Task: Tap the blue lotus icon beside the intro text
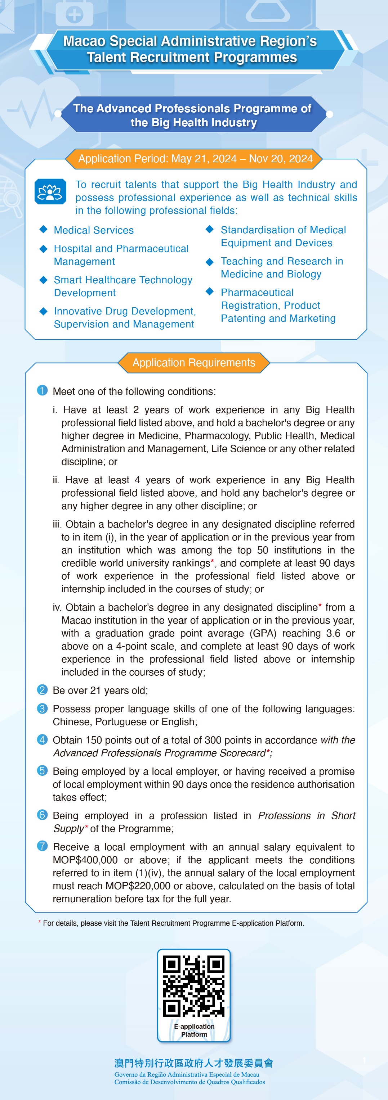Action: tap(50, 192)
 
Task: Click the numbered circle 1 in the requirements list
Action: tap(42, 390)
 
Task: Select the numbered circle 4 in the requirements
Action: tap(42, 739)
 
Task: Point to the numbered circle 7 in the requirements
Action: tap(42, 846)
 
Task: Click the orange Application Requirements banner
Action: tap(193, 363)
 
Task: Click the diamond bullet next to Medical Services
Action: tap(43, 229)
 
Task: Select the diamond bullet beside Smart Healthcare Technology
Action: tap(43, 280)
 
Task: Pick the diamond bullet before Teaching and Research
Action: tap(209, 261)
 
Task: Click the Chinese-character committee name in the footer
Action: tap(193, 1063)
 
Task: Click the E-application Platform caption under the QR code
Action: tap(194, 1030)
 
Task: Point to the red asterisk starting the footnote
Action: tap(40, 922)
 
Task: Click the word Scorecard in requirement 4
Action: tap(242, 753)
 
